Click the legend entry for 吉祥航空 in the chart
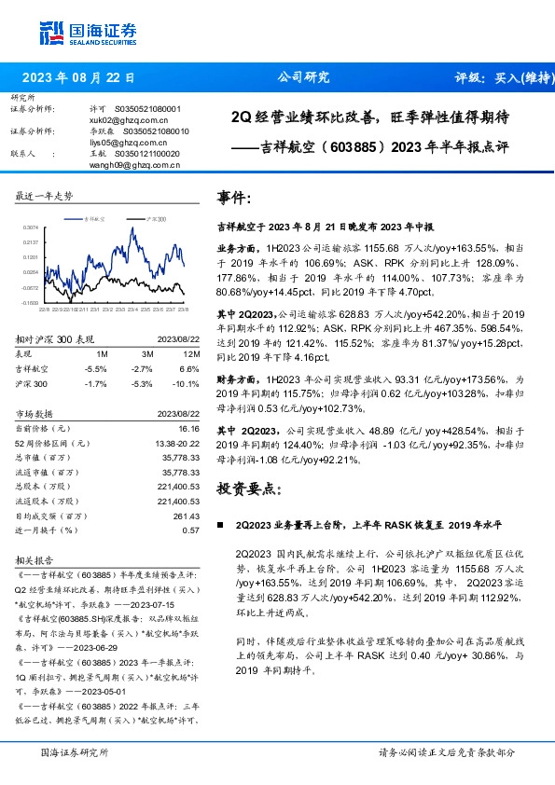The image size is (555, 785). pos(93,216)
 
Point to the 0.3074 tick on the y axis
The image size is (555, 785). pos(30,227)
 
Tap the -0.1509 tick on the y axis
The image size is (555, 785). pos(30,302)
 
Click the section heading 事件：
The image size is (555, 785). pos(234,198)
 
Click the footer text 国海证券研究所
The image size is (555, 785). pos(75,752)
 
